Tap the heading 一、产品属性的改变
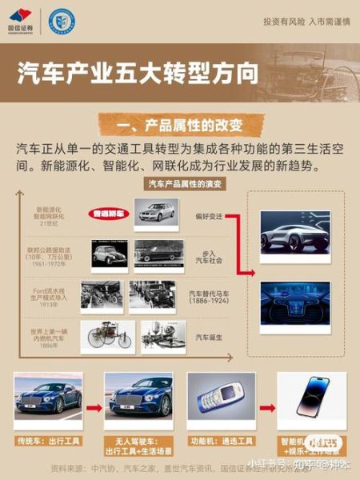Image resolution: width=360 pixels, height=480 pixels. (179, 125)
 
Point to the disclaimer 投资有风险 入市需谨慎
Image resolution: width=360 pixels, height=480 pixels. (306, 22)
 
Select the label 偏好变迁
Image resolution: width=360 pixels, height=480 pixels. (208, 216)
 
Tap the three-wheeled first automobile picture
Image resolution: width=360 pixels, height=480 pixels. (110, 337)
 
